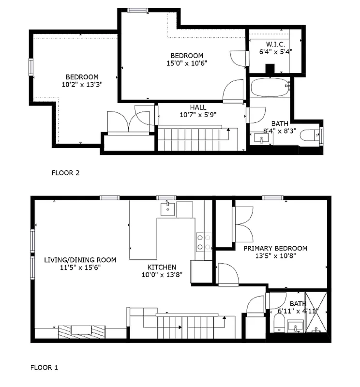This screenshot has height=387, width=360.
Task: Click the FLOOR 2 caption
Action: (x=65, y=172)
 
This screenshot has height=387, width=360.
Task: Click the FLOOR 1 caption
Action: (x=45, y=368)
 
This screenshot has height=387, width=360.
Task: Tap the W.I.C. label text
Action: (x=275, y=44)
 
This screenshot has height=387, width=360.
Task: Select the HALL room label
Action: (x=198, y=107)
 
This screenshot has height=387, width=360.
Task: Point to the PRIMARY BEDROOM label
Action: (x=275, y=248)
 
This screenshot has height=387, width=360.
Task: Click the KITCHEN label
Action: (x=162, y=267)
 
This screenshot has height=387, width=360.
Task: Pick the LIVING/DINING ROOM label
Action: (x=80, y=260)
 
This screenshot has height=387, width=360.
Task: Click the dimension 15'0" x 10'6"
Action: (x=186, y=63)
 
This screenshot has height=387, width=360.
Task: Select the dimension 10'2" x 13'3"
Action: (x=82, y=84)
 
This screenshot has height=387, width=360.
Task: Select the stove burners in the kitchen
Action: (x=203, y=242)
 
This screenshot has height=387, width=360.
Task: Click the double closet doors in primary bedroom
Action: (x=243, y=223)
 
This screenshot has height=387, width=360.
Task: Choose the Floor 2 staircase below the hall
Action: (x=194, y=139)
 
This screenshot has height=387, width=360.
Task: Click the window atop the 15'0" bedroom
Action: (x=138, y=10)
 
